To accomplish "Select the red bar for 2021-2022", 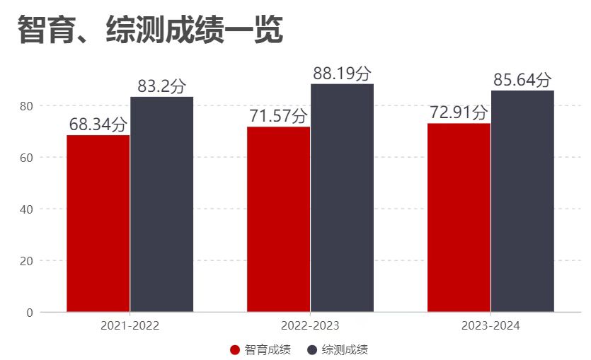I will click(98, 223).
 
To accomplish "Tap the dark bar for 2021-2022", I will click(161, 204).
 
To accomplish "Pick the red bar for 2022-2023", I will click(278, 219).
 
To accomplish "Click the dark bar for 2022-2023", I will click(342, 197).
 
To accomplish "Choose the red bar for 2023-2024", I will click(459, 217).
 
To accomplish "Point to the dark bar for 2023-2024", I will click(522, 201).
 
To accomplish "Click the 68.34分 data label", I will click(98, 125).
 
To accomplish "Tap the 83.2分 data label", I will click(161, 87).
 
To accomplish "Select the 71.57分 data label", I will click(278, 117).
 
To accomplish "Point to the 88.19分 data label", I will click(342, 74).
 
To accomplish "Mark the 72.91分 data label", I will click(459, 113).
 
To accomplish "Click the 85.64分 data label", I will click(522, 80).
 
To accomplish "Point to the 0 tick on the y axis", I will click(29, 313).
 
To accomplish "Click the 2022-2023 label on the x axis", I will click(310, 326).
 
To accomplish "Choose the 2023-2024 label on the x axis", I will click(490, 326).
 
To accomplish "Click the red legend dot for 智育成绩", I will click(236, 349).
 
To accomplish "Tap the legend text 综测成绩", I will click(345, 349).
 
